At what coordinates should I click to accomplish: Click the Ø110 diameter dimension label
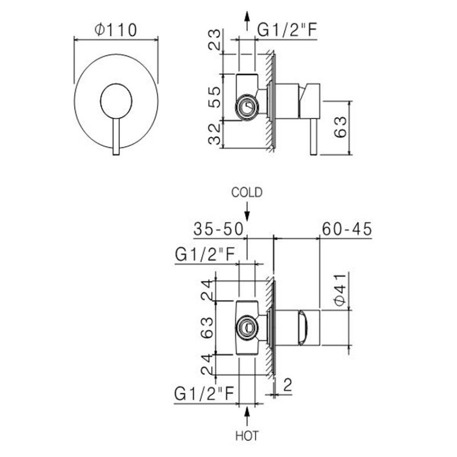(116, 30)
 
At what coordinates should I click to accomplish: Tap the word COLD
(247, 193)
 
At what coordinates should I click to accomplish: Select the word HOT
(247, 436)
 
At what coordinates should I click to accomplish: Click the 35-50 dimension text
(218, 229)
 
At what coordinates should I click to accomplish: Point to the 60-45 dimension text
(347, 229)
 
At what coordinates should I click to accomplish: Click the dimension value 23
(215, 39)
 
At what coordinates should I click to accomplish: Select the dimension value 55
(215, 97)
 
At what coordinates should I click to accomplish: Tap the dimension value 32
(215, 134)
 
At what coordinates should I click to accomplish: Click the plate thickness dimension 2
(287, 385)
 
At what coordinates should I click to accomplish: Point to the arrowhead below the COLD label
(247, 217)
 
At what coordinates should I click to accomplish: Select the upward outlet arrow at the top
(247, 21)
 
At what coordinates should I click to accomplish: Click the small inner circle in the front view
(116, 101)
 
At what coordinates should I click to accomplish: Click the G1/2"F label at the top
(287, 30)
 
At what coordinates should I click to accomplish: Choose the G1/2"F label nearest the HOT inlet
(204, 394)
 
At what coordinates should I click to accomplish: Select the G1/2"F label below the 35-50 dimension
(205, 254)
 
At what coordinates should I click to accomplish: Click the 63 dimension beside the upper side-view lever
(340, 127)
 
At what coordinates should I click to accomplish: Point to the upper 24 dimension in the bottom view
(207, 290)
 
